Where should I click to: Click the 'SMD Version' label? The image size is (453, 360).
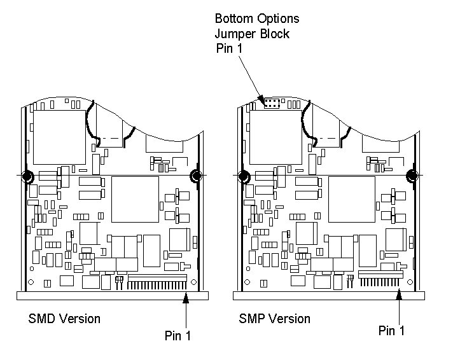(64, 318)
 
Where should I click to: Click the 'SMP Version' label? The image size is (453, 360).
(275, 318)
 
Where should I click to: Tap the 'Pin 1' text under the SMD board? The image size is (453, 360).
(176, 335)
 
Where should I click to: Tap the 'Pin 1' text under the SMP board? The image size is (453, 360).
(391, 330)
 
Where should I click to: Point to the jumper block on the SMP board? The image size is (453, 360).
(272, 102)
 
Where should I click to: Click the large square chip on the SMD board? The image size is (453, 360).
(135, 199)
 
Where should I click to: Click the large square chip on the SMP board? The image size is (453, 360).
(351, 199)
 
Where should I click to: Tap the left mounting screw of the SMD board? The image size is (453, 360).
(28, 176)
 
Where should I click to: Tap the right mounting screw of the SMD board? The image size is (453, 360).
(195, 175)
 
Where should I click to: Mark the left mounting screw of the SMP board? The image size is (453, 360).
(242, 176)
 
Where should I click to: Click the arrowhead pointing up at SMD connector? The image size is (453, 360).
(186, 296)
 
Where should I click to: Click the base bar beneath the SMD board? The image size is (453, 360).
(113, 295)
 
